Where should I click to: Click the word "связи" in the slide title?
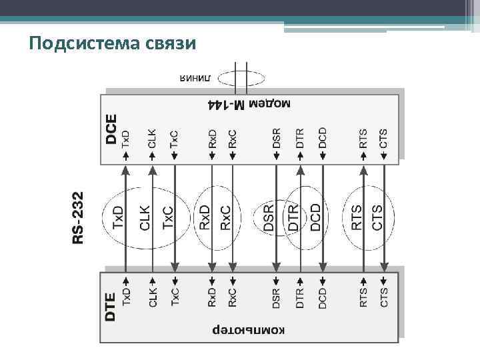click(172, 44)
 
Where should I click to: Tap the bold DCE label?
click(111, 129)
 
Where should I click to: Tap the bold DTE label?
click(111, 307)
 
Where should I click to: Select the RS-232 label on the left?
click(79, 217)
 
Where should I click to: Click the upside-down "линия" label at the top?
click(195, 79)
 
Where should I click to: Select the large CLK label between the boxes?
click(145, 217)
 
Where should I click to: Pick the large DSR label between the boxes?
click(269, 217)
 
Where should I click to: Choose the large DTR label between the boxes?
click(293, 217)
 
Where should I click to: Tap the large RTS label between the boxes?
click(357, 217)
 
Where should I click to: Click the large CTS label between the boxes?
click(378, 217)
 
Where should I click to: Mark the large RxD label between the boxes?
click(205, 217)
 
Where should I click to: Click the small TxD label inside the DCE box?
click(127, 139)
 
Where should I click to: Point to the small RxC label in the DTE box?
click(233, 297)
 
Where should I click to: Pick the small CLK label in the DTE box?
click(153, 297)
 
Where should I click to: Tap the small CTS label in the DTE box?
click(384, 297)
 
